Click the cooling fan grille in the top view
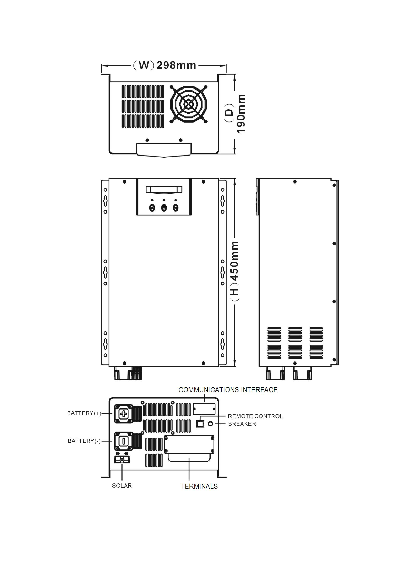tap(189, 104)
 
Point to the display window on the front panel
tap(164, 189)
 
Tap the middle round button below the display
tap(164, 208)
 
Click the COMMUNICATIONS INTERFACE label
tap(228, 389)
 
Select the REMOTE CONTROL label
tap(255, 416)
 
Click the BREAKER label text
tap(242, 424)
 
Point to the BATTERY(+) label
tap(84, 413)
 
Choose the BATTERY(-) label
tap(84, 441)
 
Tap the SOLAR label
tap(122, 486)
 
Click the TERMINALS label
tap(199, 486)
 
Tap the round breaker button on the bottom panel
tap(210, 424)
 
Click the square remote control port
tap(200, 424)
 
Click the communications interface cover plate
tap(204, 409)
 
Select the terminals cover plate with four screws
tap(189, 444)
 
